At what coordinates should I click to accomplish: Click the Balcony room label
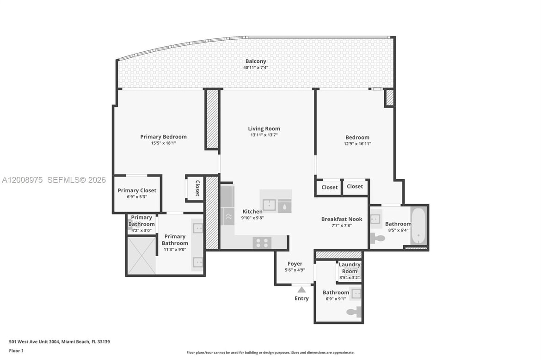pos(256,61)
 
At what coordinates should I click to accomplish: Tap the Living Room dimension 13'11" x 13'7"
pos(264,135)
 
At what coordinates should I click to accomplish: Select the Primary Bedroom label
pos(163,136)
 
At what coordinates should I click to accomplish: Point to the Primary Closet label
pos(137,190)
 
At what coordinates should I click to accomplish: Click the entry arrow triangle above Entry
pos(301,290)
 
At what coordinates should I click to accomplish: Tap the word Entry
pos(301,298)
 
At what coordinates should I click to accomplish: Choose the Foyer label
pos(295,263)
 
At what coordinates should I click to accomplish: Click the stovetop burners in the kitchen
pos(262,243)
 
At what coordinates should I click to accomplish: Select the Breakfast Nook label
pos(342,219)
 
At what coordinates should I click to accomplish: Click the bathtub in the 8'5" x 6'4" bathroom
pos(419,226)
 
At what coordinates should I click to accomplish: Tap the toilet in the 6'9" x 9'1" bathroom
pos(354,312)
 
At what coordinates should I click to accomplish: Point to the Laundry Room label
pos(350,268)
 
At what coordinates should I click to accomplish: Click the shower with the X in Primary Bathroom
pos(142,255)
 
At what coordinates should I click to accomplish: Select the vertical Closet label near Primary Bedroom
pos(198,188)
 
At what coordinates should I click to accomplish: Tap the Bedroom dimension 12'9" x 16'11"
pos(357,144)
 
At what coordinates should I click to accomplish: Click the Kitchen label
pos(252,212)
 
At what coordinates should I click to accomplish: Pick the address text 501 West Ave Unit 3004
pos(34,342)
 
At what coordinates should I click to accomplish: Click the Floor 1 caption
pos(16,351)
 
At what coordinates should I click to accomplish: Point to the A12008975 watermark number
pos(23,180)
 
